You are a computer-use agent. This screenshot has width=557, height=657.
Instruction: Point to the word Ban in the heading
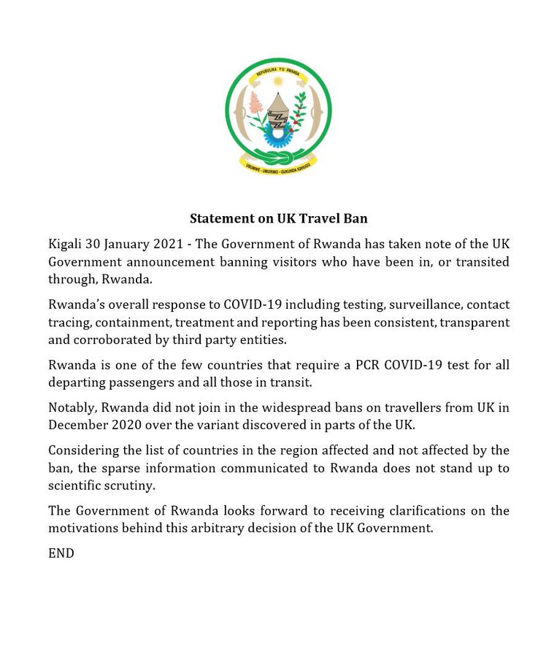tap(356, 218)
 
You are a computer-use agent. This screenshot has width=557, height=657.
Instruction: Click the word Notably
tap(71, 408)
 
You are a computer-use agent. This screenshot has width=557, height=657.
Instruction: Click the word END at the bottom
tap(61, 554)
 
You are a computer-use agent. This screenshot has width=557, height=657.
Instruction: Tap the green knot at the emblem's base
tap(277, 158)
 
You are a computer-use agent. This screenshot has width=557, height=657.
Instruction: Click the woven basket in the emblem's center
tap(278, 109)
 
